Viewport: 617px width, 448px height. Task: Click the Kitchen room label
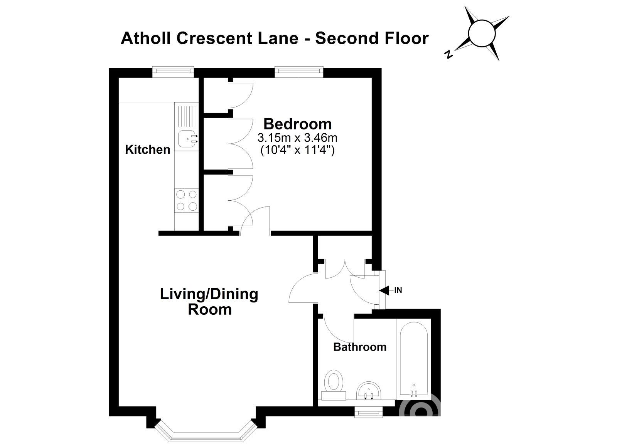point(147,149)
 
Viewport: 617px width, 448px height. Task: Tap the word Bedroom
point(297,124)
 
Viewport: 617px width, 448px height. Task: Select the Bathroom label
point(359,347)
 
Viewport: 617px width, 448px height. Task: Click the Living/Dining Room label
point(209,302)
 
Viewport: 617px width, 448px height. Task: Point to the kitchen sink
point(187,138)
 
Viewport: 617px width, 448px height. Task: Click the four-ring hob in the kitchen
point(186,200)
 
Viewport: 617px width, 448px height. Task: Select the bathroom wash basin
point(368,391)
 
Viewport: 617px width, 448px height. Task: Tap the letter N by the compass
point(448,55)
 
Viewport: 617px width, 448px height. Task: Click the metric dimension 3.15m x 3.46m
point(297,137)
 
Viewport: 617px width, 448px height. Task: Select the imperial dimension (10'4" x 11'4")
point(297,149)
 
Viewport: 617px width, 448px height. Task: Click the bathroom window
point(369,413)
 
